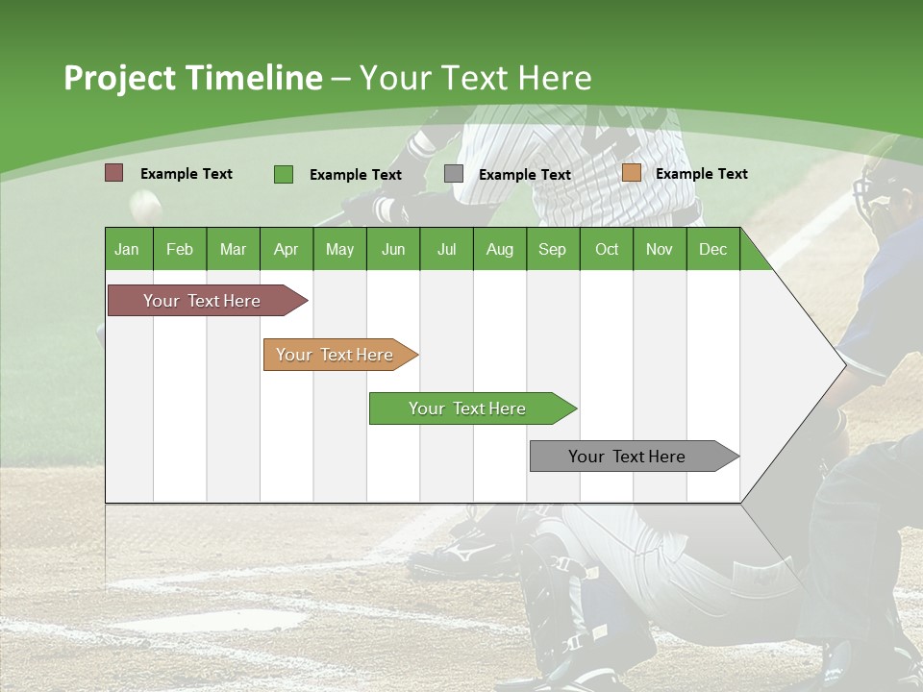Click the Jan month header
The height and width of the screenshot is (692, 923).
pos(128,249)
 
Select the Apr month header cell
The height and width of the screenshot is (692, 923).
pos(287,249)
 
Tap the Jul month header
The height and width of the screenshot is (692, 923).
pos(446,249)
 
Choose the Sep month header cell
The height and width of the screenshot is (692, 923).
pos(553,249)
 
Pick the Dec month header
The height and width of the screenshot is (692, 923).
pos(712,249)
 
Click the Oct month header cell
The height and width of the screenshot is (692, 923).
pos(606,249)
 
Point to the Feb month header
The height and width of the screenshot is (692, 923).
pos(180,249)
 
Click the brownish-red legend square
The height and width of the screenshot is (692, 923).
pos(114,173)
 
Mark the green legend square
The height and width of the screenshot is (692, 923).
pos(284,174)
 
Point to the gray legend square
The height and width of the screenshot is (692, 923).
pos(454,174)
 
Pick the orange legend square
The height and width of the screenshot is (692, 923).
pos(631,173)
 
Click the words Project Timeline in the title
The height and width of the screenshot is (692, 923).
pos(192,78)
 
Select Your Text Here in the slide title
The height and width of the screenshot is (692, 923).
pos(475,78)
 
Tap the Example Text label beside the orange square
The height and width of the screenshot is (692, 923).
pos(701,174)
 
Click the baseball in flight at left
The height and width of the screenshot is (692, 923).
pos(145,203)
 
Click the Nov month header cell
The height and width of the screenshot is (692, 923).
pos(660,249)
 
